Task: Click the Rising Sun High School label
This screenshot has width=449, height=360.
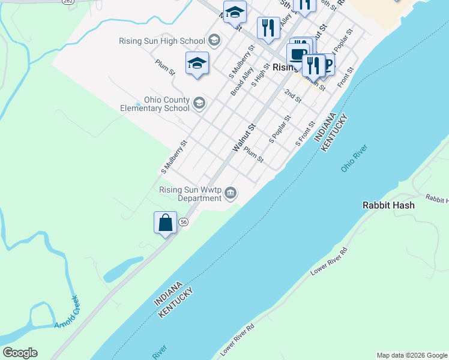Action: tap(162, 41)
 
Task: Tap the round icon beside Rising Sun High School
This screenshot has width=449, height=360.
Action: tap(213, 41)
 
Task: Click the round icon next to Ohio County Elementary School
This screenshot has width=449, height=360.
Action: tap(199, 104)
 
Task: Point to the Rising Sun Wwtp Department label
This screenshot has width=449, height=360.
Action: tap(190, 194)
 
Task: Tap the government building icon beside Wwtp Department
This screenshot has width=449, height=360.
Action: tap(231, 193)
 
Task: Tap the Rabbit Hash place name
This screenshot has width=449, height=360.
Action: tap(388, 205)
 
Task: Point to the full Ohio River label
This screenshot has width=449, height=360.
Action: tap(354, 158)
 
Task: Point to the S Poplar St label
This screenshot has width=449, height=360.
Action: tap(280, 129)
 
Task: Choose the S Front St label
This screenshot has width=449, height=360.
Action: tap(306, 136)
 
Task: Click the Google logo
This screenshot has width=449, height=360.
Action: tap(20, 353)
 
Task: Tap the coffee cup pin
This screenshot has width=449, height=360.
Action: tap(297, 53)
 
